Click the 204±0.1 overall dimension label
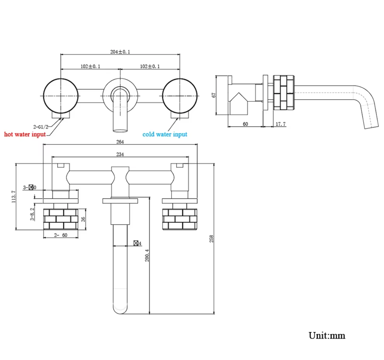click(120, 52)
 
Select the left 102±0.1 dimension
click(90, 66)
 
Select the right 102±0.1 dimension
click(150, 66)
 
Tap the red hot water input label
click(25, 134)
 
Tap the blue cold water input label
click(165, 134)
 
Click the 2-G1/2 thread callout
click(41, 127)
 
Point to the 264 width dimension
click(120, 142)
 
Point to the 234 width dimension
click(120, 154)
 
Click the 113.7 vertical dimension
click(13, 196)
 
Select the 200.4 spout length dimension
click(147, 255)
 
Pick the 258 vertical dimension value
click(211, 239)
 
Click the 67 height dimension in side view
click(214, 95)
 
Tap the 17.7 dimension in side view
click(280, 124)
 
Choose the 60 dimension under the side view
click(245, 124)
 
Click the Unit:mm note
click(327, 335)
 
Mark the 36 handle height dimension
click(83, 219)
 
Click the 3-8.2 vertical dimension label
click(32, 214)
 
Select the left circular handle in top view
click(61, 96)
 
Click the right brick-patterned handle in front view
click(180, 219)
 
